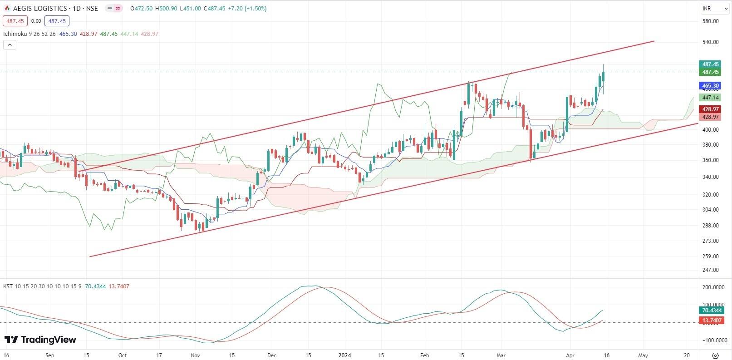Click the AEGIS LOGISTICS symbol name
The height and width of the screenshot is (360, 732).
point(39,8)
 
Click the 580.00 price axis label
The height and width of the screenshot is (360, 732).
point(710,21)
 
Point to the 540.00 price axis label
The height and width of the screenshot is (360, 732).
point(710,42)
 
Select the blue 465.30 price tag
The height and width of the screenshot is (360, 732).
point(710,85)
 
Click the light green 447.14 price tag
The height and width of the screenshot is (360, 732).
point(710,98)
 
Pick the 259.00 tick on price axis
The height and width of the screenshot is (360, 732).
point(710,256)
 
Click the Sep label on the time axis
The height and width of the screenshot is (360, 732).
point(50,355)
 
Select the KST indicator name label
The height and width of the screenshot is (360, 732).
point(8,286)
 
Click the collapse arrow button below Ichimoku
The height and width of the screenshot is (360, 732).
point(10,44)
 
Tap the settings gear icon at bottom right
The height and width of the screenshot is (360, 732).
point(716,355)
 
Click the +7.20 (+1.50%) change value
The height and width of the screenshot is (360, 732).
point(248,8)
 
